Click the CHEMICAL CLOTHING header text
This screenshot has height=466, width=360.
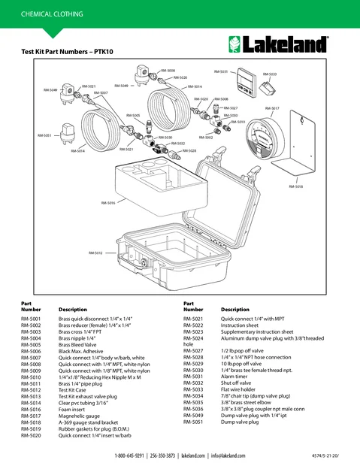click(47, 14)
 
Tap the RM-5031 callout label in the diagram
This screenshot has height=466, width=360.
click(222, 71)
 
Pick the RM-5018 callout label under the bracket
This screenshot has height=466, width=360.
click(296, 186)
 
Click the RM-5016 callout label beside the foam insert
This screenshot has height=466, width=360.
click(107, 203)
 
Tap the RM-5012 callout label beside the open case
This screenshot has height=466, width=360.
click(95, 253)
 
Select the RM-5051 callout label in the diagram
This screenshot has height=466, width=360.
click(45, 135)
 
